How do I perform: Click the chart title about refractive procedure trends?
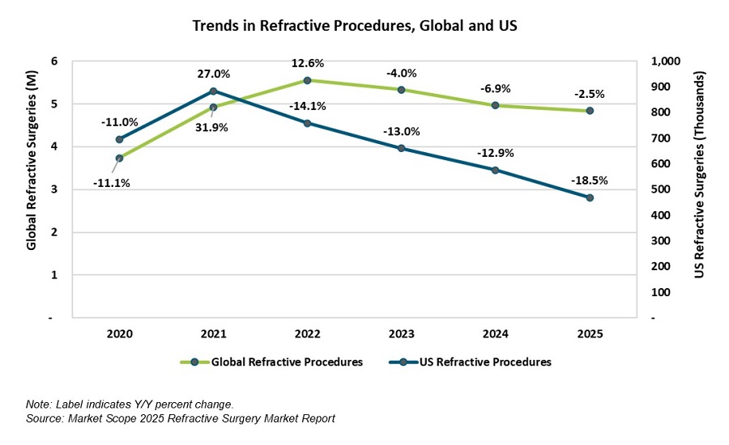[x=354, y=26]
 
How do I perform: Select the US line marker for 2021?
[x=213, y=91]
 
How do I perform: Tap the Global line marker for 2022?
[x=307, y=80]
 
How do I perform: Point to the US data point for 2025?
[x=590, y=197]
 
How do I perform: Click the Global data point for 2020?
[x=120, y=158]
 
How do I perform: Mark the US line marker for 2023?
[x=402, y=148]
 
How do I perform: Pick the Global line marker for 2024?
[x=496, y=105]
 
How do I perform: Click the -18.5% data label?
[x=589, y=180]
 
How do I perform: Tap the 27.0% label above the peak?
[x=213, y=74]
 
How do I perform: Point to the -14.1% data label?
[x=307, y=104]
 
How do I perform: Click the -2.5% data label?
[x=589, y=93]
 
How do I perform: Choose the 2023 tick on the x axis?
[x=402, y=334]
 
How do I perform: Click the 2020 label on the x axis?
[x=120, y=334]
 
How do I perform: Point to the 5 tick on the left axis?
[x=53, y=104]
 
